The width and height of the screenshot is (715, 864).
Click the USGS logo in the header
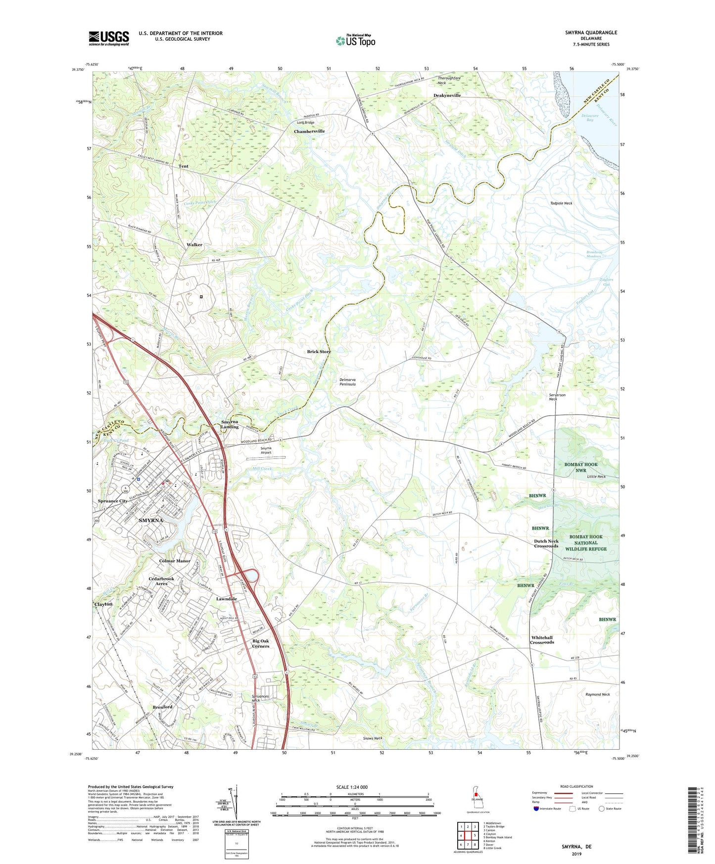coord(109,38)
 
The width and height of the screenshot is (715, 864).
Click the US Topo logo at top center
coord(355,41)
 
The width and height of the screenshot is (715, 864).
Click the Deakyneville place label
coord(447,96)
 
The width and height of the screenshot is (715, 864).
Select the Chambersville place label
coord(309,131)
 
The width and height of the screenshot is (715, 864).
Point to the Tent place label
coord(183,166)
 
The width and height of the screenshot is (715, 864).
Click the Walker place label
coord(194,245)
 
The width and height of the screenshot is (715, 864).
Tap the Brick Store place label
coord(319,352)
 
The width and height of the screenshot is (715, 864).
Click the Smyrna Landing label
coord(230,425)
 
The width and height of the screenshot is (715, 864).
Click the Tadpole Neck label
coord(561,203)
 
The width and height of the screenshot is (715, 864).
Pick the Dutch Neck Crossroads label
coord(546,543)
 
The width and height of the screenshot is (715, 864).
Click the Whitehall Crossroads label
coord(542,640)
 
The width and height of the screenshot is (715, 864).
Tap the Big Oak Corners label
coord(261,643)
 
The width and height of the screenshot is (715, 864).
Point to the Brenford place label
coord(162,707)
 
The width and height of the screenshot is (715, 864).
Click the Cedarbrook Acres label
coord(161,581)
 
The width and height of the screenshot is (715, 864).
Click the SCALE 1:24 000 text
coord(352,787)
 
